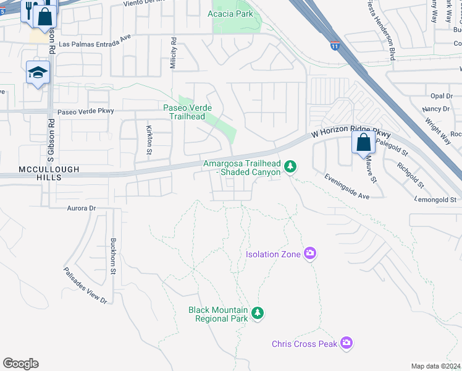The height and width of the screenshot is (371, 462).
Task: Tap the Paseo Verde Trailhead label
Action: click(x=188, y=112)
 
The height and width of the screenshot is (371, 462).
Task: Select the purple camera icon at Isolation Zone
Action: click(x=310, y=254)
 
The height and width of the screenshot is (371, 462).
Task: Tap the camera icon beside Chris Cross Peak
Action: click(x=346, y=343)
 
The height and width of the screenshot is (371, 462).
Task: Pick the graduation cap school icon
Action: click(x=37, y=73)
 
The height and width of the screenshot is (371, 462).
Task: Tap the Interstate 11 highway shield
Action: click(x=334, y=46)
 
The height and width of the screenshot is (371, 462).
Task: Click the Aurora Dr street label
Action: click(x=82, y=208)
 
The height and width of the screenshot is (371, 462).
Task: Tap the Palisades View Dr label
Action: click(x=85, y=285)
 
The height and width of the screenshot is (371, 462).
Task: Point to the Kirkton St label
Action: click(x=149, y=139)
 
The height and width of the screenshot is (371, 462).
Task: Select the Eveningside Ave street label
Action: click(x=346, y=187)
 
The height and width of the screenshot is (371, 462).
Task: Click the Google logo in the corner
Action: click(x=20, y=364)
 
